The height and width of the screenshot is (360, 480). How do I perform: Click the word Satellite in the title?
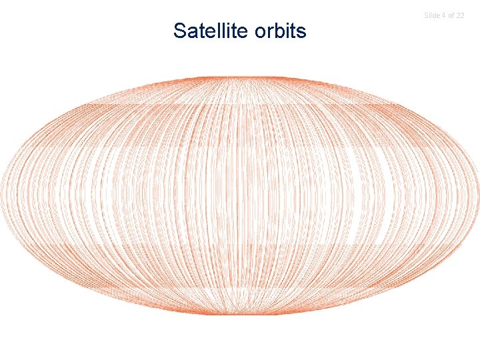click(210, 31)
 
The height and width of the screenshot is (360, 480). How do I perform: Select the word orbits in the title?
click(279, 31)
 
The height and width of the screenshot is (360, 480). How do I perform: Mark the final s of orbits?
click(301, 31)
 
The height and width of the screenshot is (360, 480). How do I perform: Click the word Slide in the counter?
click(432, 15)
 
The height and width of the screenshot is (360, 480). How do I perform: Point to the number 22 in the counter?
click(460, 15)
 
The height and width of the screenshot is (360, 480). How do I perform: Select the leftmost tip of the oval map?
click(3, 195)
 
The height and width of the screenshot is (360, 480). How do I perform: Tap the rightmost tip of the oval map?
click(479, 195)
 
